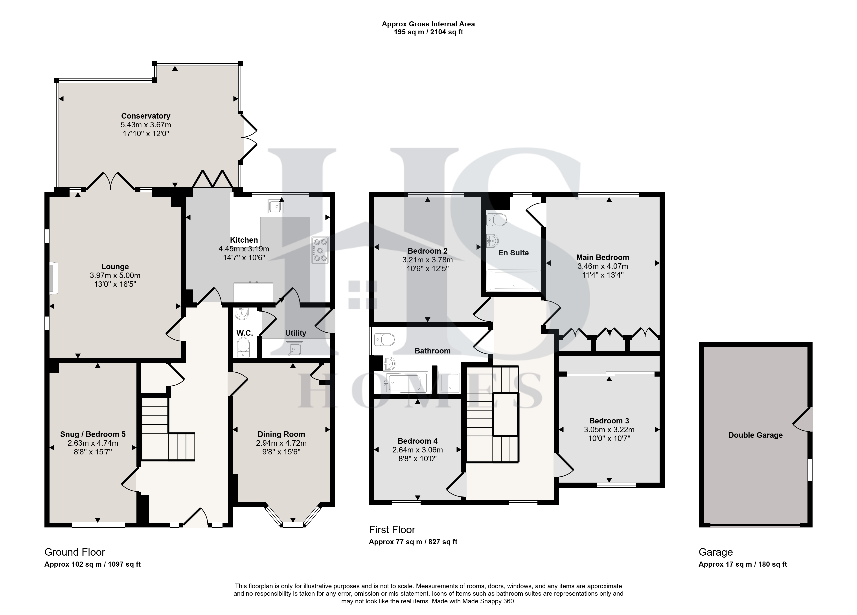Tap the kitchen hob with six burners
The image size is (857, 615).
tap(320, 250)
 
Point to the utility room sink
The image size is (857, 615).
tap(294, 349)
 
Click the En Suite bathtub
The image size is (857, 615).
tap(513, 280)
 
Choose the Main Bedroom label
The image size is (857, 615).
tap(603, 257)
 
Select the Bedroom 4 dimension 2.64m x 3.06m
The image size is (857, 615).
tap(417, 450)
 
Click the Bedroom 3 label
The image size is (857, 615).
tap(609, 421)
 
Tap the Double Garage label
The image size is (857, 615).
tap(755, 435)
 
